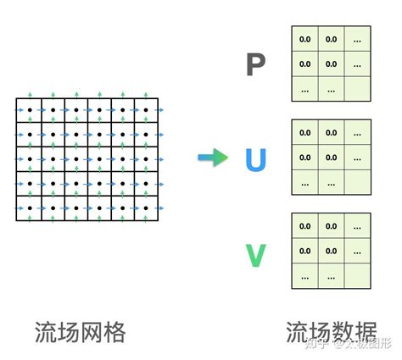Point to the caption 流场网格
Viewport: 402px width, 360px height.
pos(81,332)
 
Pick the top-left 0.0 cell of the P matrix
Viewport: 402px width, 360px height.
pos(305,38)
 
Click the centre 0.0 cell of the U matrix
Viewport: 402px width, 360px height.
pos(332,157)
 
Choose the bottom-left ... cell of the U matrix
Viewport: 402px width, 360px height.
pos(305,181)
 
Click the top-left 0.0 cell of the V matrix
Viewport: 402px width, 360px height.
pos(305,226)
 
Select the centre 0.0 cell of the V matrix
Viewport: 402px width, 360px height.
pos(332,251)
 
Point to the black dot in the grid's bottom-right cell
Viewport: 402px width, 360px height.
pos(148,208)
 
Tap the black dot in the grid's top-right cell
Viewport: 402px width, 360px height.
pos(148,110)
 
